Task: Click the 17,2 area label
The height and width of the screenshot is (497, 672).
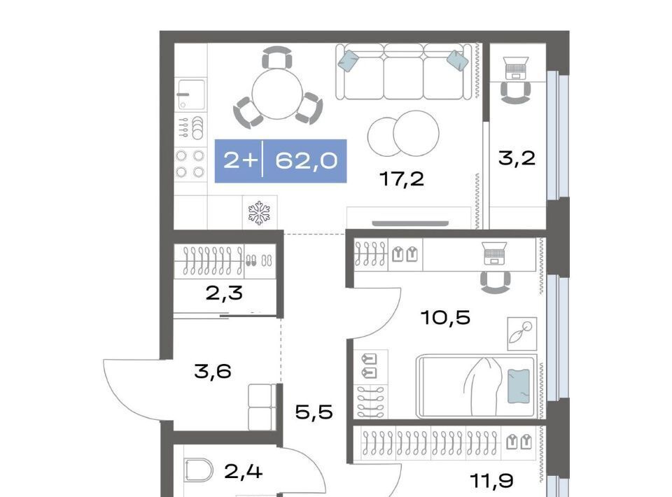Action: click(x=402, y=178)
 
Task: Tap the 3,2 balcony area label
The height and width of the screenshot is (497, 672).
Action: click(x=517, y=158)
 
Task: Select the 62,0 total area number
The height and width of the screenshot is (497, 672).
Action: click(x=306, y=161)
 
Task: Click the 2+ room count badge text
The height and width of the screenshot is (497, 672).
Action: click(x=240, y=161)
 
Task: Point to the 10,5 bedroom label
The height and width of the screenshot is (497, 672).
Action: click(x=446, y=318)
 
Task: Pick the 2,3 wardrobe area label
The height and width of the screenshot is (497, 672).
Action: click(x=224, y=293)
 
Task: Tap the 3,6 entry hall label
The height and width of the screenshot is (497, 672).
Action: click(x=213, y=371)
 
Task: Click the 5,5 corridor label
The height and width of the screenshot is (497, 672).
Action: click(x=314, y=412)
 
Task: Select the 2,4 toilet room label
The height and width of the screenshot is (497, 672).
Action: click(x=243, y=472)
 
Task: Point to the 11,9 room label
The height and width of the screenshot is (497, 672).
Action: click(x=492, y=481)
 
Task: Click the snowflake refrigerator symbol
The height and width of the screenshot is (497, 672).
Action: click(x=259, y=213)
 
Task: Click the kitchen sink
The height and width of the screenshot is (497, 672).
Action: click(x=192, y=94)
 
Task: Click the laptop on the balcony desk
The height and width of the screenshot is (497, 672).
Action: click(x=516, y=68)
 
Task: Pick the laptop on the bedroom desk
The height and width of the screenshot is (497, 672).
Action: click(x=494, y=253)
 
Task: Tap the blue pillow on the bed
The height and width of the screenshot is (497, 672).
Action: click(x=518, y=386)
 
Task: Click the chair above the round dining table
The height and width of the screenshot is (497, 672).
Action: click(x=277, y=57)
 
